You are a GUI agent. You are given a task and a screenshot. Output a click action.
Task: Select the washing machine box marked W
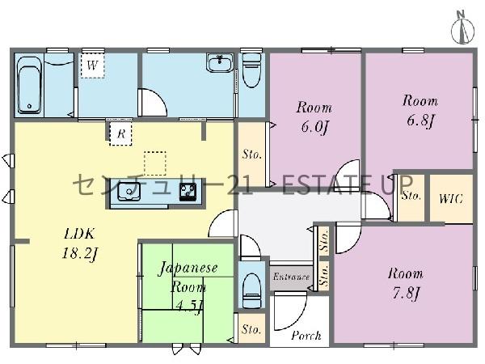92,66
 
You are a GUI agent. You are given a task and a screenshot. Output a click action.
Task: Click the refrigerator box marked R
121,133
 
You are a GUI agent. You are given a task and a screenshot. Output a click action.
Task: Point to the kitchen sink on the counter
129,191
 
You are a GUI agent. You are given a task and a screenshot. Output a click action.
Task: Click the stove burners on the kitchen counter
188,192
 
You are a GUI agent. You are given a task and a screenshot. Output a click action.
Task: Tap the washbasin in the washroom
220,63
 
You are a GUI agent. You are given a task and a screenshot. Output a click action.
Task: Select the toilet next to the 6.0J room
251,70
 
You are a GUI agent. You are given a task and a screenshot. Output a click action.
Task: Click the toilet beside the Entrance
251,291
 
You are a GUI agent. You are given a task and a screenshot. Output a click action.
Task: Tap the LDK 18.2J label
79,244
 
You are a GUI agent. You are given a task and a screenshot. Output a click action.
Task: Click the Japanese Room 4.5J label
188,286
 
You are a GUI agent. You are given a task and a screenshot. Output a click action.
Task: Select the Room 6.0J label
314,117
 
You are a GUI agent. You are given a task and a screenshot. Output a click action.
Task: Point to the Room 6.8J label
420,111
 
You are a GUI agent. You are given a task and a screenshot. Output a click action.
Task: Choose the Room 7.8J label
406,283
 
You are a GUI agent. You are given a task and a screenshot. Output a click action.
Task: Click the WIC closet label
451,198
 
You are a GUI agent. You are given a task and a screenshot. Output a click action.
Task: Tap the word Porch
306,336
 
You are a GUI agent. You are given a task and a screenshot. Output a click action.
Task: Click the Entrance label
291,277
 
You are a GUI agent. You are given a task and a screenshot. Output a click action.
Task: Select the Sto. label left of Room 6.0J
252,154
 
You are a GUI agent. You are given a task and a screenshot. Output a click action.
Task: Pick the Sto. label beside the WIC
411,196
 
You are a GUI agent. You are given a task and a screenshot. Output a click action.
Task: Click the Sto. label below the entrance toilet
251,329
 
